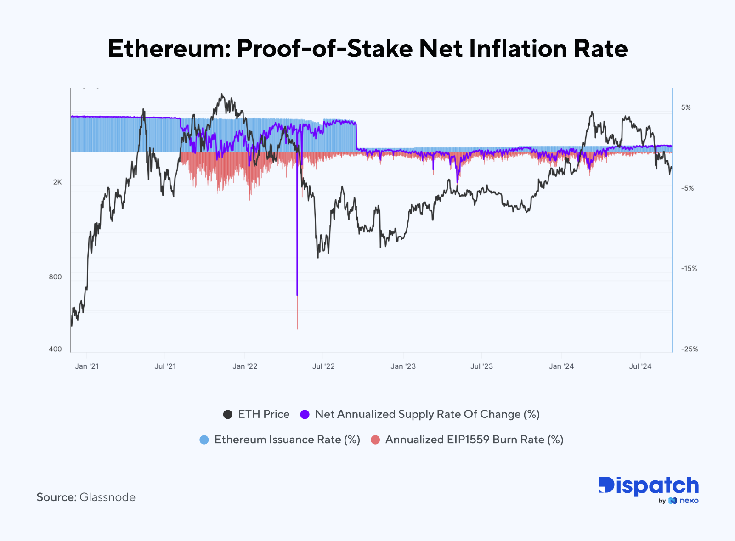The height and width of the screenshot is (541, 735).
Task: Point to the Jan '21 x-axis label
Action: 86,366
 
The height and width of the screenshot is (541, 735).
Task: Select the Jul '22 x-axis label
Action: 323,366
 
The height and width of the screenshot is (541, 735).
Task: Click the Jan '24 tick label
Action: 561,366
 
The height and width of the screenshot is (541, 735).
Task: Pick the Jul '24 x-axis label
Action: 640,366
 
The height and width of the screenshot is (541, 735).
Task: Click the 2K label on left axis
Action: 57,182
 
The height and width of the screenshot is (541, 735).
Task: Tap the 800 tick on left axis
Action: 55,277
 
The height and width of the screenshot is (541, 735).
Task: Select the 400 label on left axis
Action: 55,349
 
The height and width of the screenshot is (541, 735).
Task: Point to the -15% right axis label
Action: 689,269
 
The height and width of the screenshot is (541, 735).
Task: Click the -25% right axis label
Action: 689,349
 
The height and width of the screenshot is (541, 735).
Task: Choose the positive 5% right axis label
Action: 686,107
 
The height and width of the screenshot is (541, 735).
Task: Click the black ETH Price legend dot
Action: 228,414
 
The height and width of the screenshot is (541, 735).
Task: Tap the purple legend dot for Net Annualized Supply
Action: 305,414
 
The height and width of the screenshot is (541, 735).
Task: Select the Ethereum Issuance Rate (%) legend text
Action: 287,440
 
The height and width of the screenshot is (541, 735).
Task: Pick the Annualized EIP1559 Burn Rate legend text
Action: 474,440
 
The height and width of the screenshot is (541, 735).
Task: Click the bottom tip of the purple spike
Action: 297,295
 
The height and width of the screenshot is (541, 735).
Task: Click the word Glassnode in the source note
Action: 107,497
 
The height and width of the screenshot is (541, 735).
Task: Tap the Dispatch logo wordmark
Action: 648,486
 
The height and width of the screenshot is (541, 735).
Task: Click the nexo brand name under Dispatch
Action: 689,501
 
